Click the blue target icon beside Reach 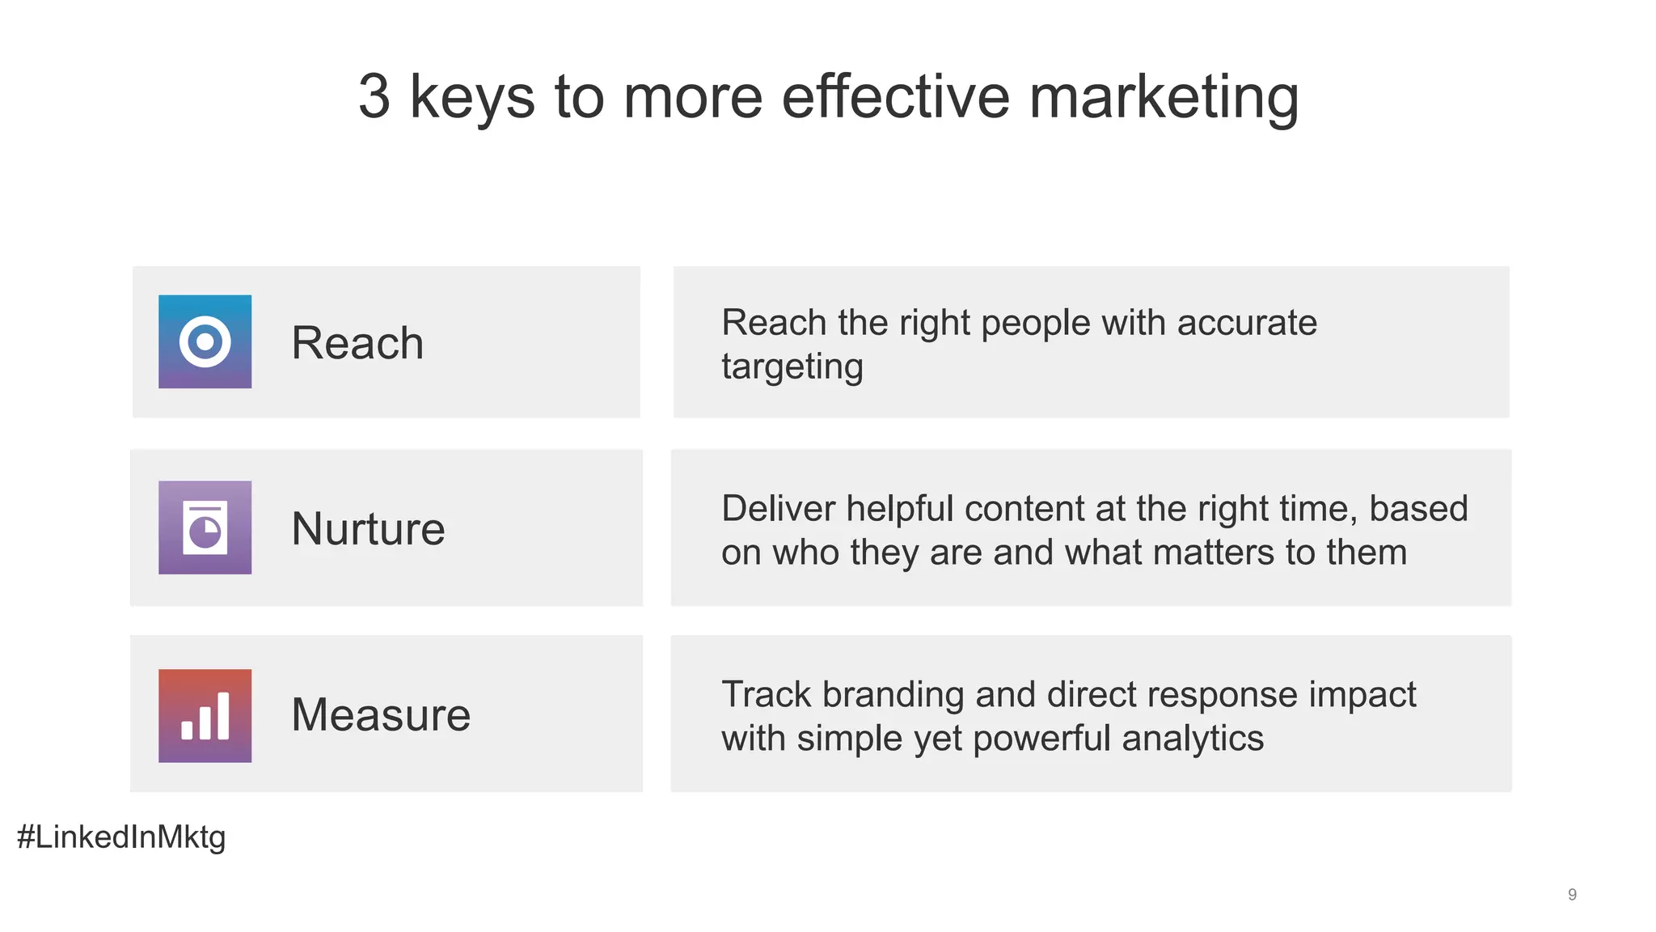tap(205, 341)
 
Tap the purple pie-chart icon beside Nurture tap(205, 527)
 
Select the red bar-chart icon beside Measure tap(205, 715)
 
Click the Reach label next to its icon tap(357, 343)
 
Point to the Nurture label tap(368, 529)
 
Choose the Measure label tap(381, 715)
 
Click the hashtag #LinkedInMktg tap(121, 837)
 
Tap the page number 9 tap(1572, 895)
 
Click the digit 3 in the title tap(374, 97)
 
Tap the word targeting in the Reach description tap(792, 367)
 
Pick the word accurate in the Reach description tap(1247, 323)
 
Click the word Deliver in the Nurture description tap(778, 509)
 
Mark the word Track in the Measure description tap(766, 695)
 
